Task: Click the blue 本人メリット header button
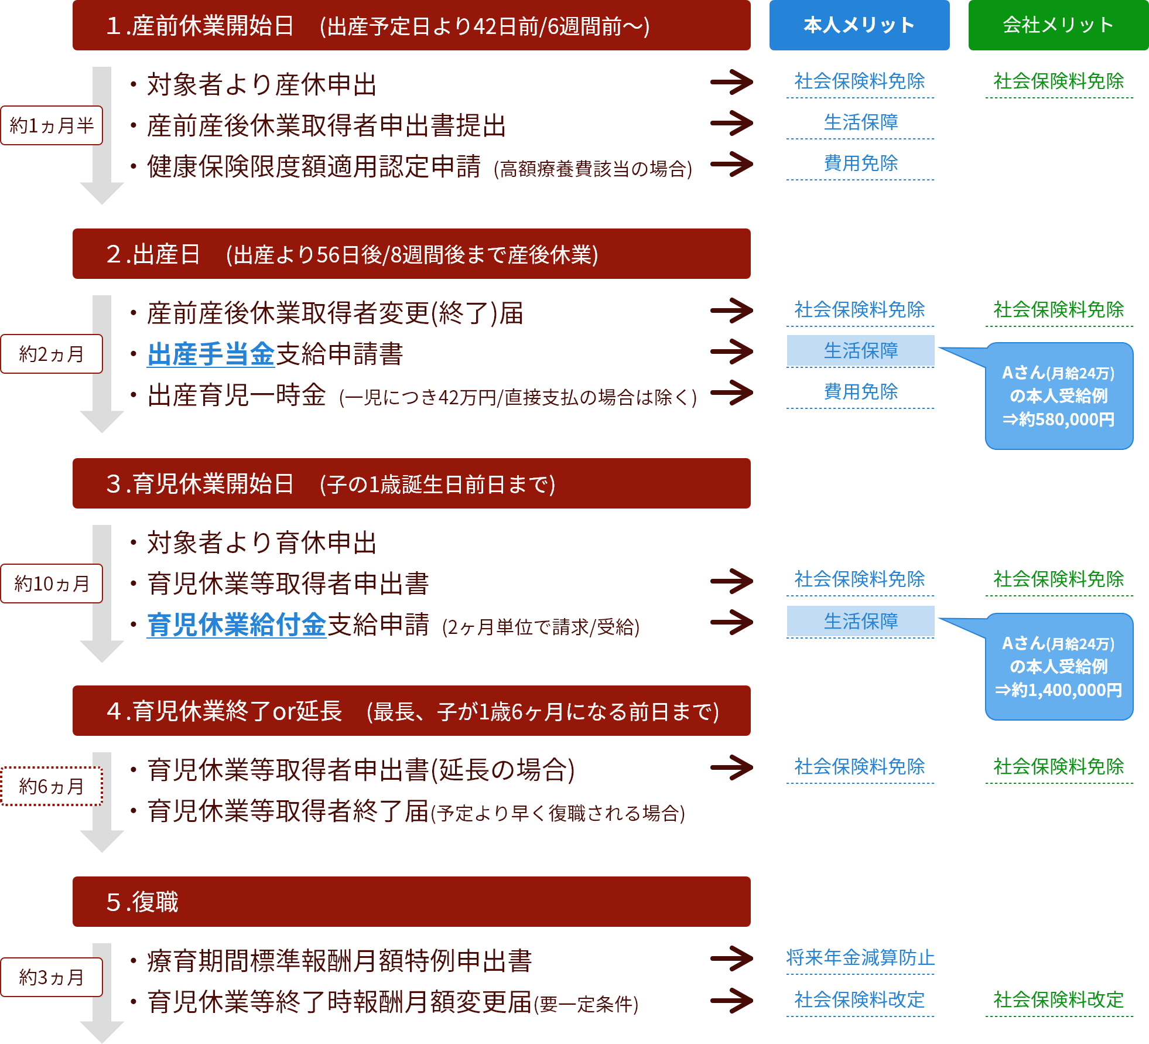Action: [859, 25]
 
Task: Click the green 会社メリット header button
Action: [1058, 25]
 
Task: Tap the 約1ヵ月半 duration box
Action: [52, 125]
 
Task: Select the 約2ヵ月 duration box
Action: [52, 354]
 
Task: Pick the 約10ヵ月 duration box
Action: [52, 584]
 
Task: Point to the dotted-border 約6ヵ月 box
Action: [52, 786]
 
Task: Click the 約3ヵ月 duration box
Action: [52, 977]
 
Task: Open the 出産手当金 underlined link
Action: [211, 354]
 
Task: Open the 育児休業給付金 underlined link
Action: [237, 625]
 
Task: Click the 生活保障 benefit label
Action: [860, 122]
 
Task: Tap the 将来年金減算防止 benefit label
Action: [860, 958]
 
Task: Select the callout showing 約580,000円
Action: [1059, 396]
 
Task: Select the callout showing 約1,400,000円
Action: [1059, 667]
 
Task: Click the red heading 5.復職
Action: [411, 902]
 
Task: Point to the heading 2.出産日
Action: [411, 254]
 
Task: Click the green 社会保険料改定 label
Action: [1058, 999]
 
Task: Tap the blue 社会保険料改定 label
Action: [860, 999]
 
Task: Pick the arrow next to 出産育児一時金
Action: [731, 393]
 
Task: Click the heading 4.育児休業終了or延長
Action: [411, 711]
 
